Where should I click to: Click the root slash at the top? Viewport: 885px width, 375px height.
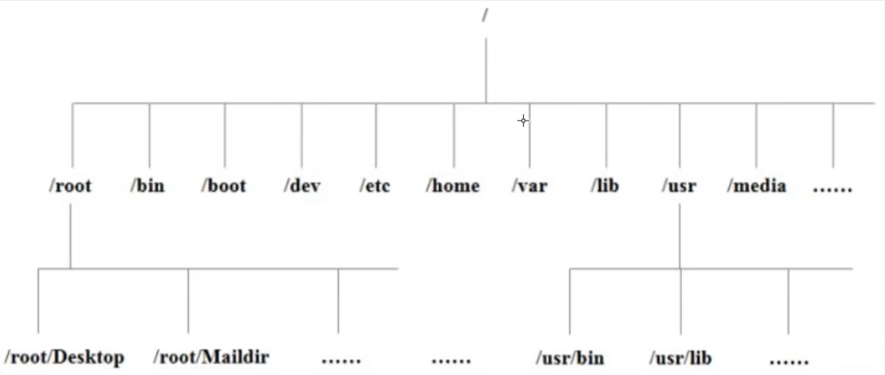485,16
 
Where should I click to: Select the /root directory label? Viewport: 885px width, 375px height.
70,186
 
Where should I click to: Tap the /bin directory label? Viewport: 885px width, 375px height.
147,186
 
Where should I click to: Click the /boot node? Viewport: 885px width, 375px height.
224,186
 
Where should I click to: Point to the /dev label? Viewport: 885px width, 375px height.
302,186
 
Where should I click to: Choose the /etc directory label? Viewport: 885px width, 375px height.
375,186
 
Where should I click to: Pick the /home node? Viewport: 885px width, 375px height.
452,186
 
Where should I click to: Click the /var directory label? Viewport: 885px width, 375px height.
529,186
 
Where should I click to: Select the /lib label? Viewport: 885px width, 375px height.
605,186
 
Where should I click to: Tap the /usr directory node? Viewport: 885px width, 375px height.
679,186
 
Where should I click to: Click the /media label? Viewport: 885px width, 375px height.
756,186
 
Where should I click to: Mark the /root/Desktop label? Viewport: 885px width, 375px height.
64,357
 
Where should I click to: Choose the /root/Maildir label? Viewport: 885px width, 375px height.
211,357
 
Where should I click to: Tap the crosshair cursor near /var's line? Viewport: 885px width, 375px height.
523,121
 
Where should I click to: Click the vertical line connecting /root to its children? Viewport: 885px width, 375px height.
70,236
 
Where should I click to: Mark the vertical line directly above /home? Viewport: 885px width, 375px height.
453,135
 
